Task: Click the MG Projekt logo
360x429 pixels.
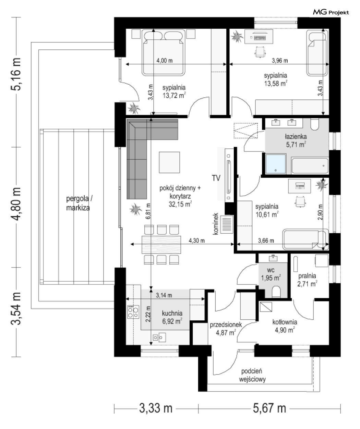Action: tap(331, 12)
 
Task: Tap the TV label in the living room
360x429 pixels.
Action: tap(216, 178)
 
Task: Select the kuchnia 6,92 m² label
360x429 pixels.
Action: tap(172, 317)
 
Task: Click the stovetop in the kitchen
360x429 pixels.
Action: tap(133, 312)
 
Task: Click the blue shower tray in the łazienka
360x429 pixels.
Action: tap(276, 164)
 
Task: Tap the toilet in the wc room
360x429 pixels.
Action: tap(276, 292)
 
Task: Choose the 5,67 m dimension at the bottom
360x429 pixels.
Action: tap(269, 408)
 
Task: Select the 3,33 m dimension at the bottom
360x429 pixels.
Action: tap(156, 408)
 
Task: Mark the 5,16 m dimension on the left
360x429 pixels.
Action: tap(16, 74)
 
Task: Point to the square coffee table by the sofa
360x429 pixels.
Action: tap(169, 162)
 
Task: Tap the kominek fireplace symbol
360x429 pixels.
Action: tap(227, 224)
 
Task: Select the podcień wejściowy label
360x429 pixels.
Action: tap(252, 375)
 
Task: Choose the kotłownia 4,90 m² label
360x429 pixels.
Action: tap(285, 326)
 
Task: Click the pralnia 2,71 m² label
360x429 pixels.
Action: tap(307, 280)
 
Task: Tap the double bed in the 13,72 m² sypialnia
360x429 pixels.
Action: tap(163, 53)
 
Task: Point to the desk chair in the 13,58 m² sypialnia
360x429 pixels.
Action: tap(260, 52)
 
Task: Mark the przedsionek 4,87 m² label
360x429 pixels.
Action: tap(226, 329)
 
